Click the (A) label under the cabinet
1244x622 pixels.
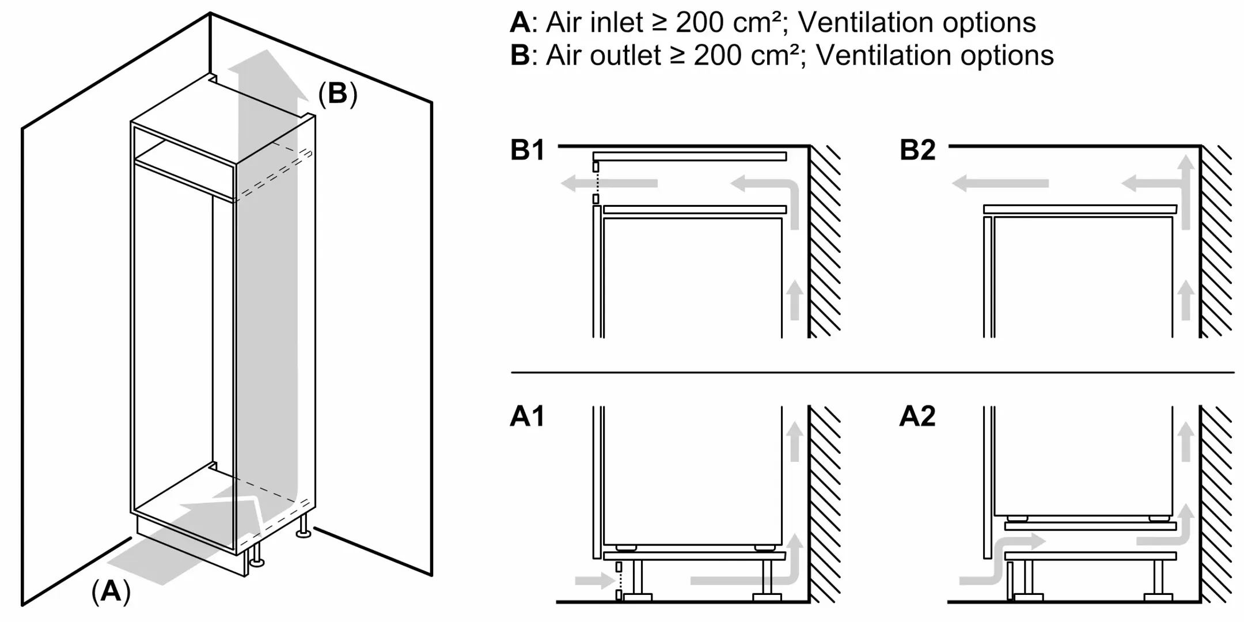coord(111,591)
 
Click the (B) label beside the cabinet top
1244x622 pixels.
coord(337,93)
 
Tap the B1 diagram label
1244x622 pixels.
coord(528,150)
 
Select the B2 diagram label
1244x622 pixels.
coord(917,150)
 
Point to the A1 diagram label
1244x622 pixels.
coord(527,416)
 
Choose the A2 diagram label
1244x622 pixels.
coord(917,416)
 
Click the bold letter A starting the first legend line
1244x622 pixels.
coord(519,23)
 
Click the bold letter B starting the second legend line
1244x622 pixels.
coord(519,56)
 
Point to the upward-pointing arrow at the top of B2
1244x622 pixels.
coord(1185,167)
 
